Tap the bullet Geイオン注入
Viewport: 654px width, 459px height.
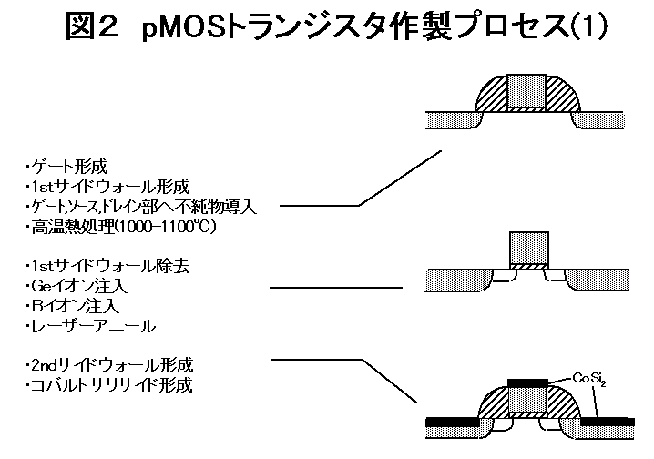click(78, 286)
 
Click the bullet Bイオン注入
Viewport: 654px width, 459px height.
click(72, 306)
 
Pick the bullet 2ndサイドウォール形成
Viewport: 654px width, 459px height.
click(109, 365)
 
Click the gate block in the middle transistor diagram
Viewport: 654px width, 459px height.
click(528, 247)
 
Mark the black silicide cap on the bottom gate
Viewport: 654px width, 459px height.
click(527, 379)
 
